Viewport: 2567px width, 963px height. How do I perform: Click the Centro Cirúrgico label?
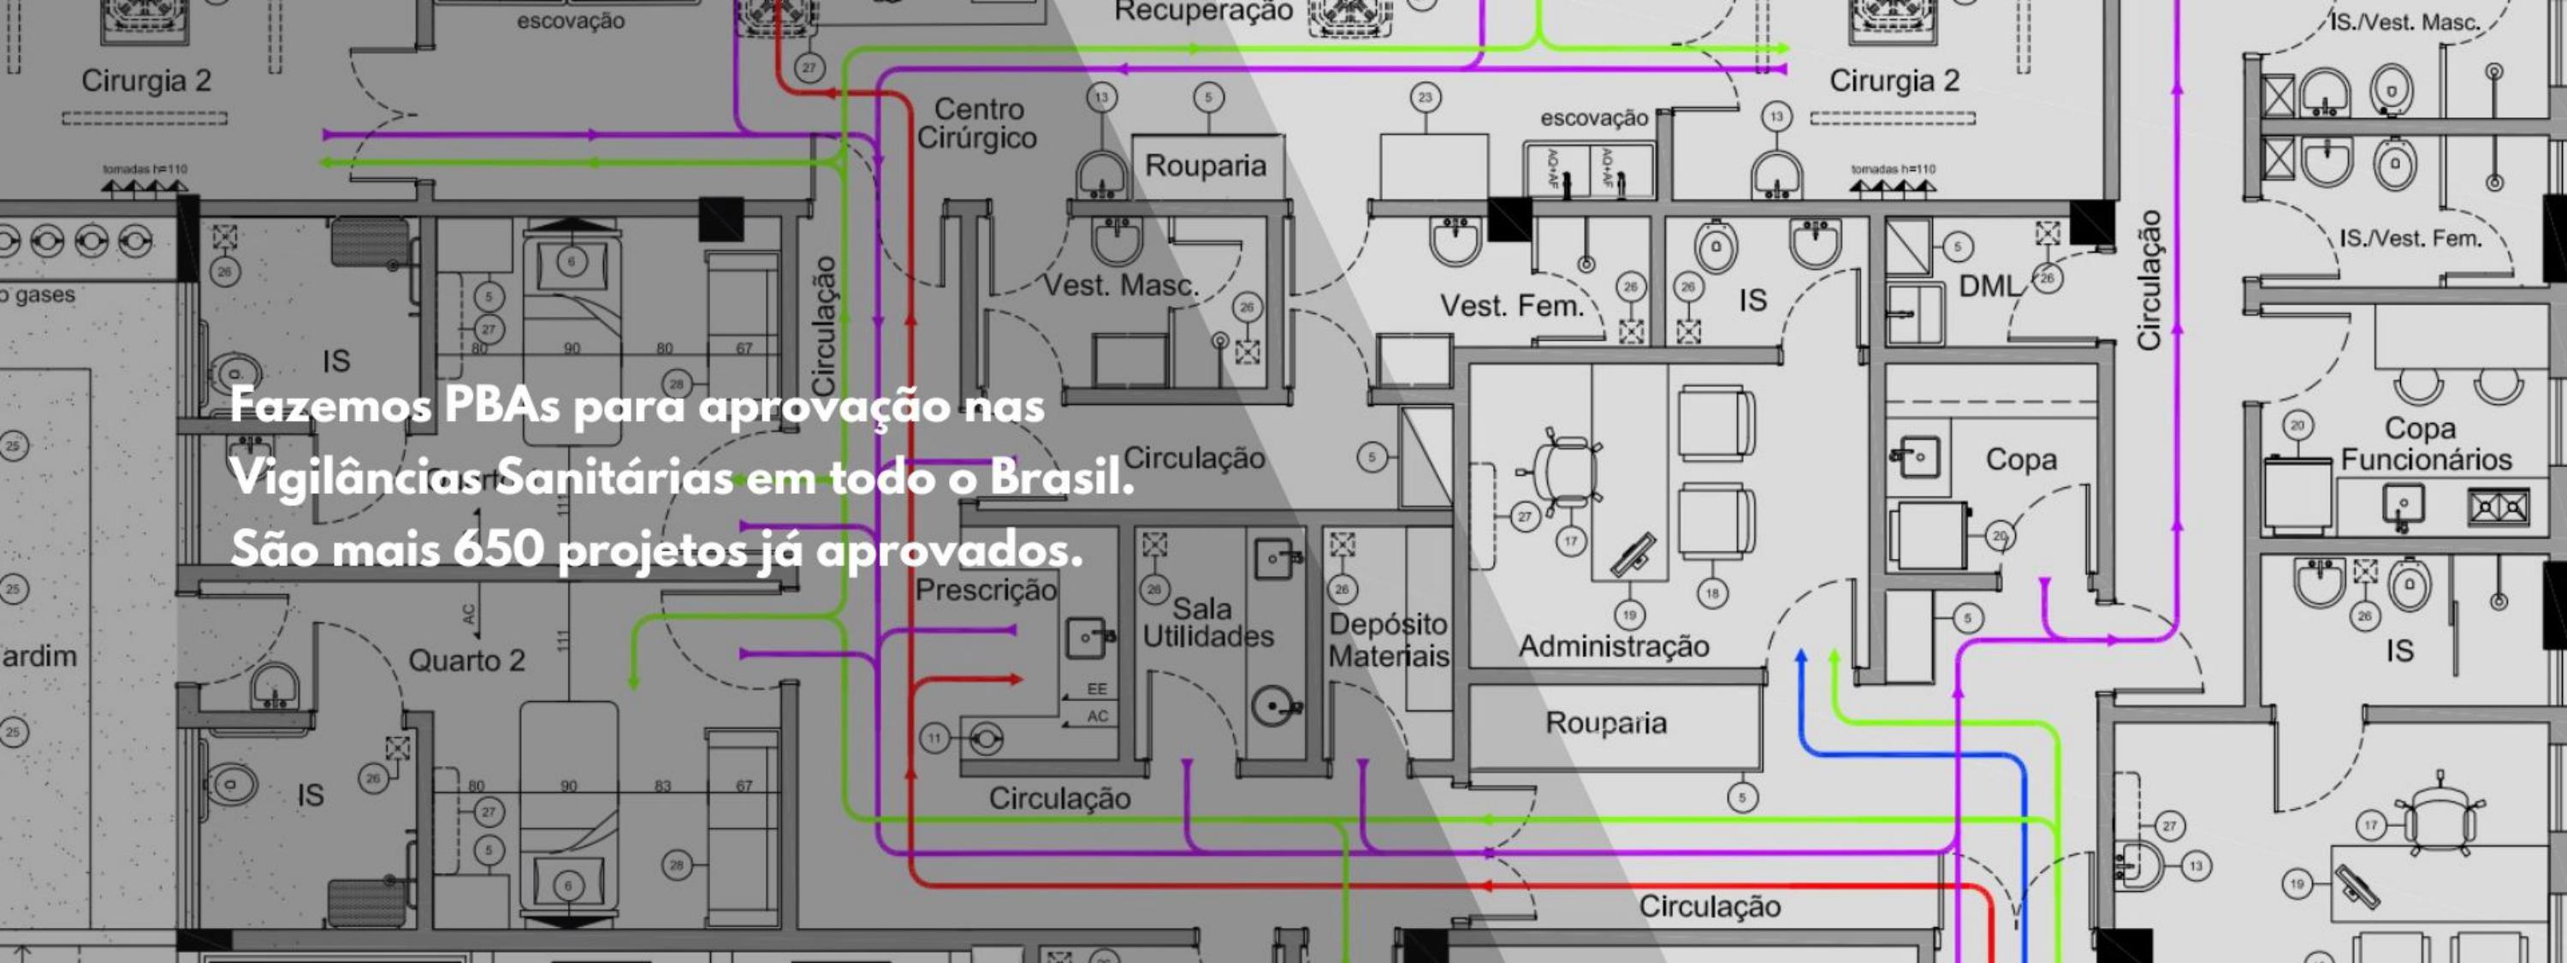tap(976, 123)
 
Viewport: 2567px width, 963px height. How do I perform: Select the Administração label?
tap(1613, 646)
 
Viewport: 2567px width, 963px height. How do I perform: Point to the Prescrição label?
tap(986, 590)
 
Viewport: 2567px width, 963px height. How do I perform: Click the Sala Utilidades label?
tap(1206, 623)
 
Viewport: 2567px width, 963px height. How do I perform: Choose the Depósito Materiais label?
tap(1388, 640)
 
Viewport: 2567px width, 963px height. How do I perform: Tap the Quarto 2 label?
tap(466, 661)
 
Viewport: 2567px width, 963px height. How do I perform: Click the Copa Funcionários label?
tap(2426, 443)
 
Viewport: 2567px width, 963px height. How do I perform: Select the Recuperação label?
tap(1204, 12)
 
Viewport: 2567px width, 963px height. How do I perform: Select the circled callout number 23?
tap(1425, 98)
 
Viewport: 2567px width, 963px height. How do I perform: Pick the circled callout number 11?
tap(934, 739)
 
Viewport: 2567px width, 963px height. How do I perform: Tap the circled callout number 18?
tap(1712, 593)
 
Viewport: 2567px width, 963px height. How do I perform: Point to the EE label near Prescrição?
tap(1096, 689)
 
